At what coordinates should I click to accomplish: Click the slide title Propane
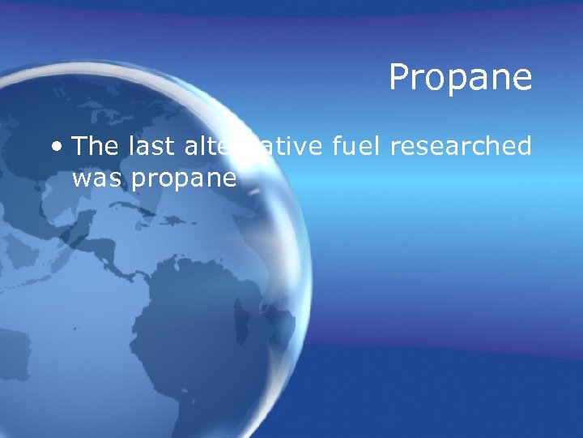(460, 79)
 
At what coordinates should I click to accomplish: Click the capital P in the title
(399, 79)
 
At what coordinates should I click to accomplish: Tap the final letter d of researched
(523, 146)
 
